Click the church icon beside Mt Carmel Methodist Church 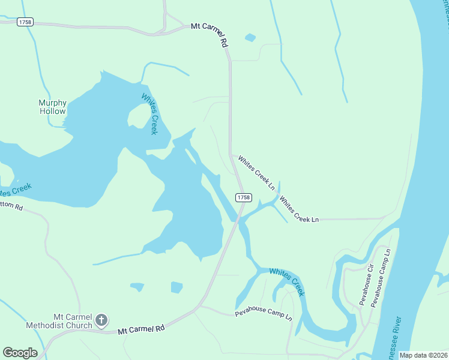(101, 320)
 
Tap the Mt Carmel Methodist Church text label (59, 321)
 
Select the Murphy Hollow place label (53, 107)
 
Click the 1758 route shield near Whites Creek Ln (243, 197)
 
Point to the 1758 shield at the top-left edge (25, 22)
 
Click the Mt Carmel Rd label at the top (210, 35)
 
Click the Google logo (20, 353)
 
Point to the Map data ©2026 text (423, 355)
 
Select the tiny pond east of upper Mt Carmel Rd (250, 37)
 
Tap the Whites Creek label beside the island (149, 114)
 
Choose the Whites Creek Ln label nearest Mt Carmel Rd (256, 173)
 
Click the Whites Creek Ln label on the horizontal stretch (299, 210)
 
